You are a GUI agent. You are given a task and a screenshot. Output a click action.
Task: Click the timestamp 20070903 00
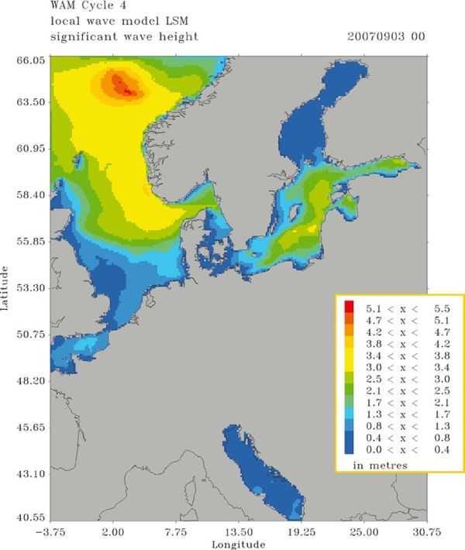(388, 36)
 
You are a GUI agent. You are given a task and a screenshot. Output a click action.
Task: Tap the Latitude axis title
(6, 287)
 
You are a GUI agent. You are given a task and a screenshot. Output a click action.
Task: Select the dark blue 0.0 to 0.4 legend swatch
(350, 450)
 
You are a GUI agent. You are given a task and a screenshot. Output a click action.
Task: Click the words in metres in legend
(381, 464)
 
